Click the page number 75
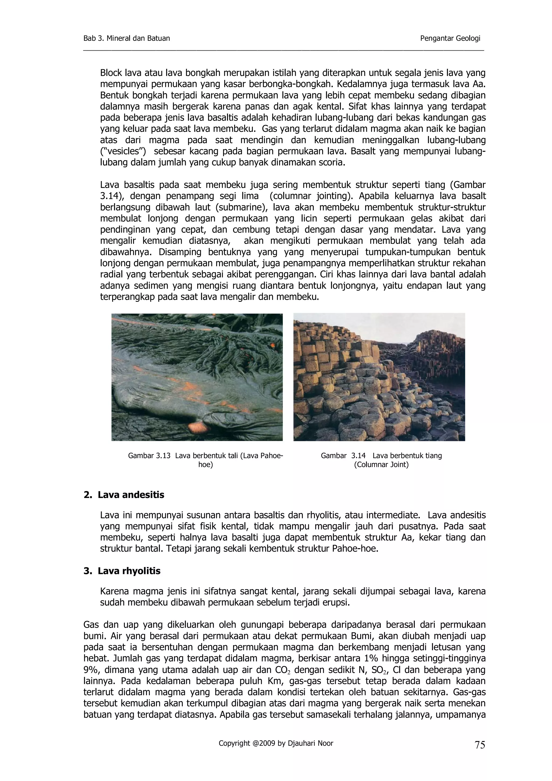pyautogui.click(x=479, y=745)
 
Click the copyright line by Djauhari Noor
pyautogui.click(x=276, y=743)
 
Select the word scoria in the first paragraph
pyautogui.click(x=332, y=163)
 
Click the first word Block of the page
pyautogui.click(x=111, y=73)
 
